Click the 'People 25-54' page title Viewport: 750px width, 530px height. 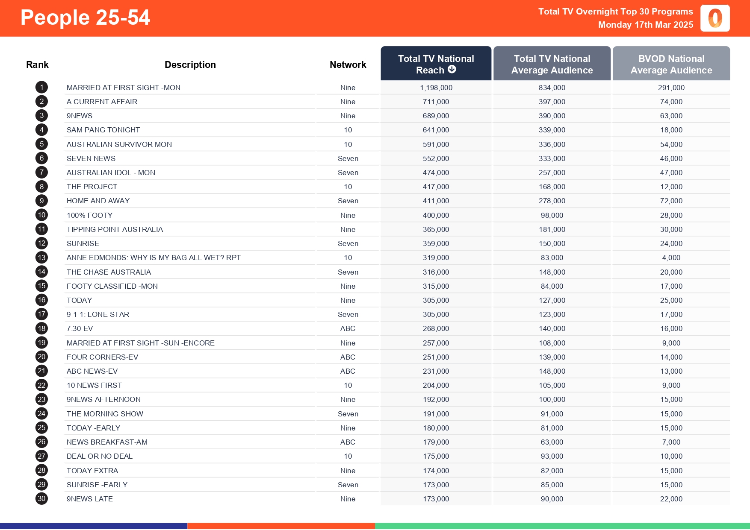point(85,18)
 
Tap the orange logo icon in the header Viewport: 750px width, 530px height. point(715,18)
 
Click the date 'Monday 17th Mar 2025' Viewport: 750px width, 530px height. point(645,25)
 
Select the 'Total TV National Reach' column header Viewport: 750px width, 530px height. point(436,64)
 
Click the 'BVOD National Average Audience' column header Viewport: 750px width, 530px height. point(671,64)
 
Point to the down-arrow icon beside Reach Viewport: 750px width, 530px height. point(452,69)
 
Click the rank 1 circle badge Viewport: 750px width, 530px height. point(41,88)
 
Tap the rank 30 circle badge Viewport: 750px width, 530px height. point(41,499)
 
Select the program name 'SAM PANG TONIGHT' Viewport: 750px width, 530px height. point(103,130)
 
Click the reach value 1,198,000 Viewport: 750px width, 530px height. point(436,88)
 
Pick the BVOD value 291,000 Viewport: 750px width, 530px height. point(671,88)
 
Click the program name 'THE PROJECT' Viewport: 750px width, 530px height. point(92,187)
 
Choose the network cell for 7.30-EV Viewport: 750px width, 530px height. point(348,328)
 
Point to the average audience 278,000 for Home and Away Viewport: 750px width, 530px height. point(552,201)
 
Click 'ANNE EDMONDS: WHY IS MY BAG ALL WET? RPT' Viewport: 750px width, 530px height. point(154,258)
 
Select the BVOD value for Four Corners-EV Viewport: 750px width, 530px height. point(671,357)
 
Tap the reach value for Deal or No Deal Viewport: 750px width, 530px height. point(436,456)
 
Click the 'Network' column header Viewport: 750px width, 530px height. point(348,64)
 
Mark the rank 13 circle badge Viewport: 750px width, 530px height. point(41,258)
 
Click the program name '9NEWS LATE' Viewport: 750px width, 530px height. point(90,499)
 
